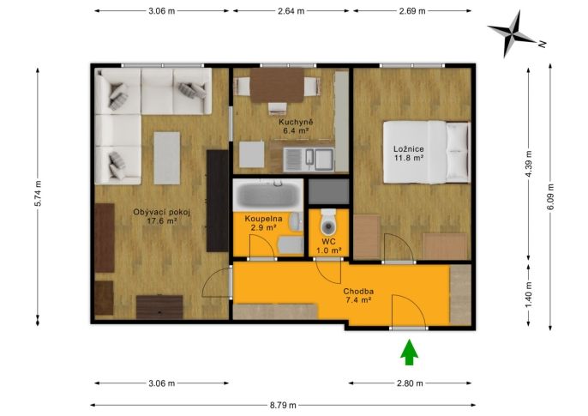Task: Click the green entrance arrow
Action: (409, 353)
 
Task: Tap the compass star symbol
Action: (512, 33)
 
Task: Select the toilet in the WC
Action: (328, 222)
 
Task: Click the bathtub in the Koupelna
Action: (267, 195)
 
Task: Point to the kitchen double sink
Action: (309, 160)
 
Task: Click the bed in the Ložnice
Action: (426, 152)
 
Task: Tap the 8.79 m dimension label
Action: (283, 405)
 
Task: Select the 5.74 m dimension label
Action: (38, 194)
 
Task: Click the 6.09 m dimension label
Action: (550, 196)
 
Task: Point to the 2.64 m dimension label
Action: (291, 11)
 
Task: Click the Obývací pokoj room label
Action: (162, 213)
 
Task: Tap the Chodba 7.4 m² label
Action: (358, 296)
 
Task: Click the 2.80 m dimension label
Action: (410, 383)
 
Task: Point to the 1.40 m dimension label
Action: (529, 295)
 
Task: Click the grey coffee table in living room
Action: (167, 158)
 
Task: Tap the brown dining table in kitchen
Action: (277, 85)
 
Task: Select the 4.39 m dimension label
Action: (529, 164)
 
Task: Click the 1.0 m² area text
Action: (329, 250)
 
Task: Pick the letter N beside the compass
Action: (543, 44)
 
